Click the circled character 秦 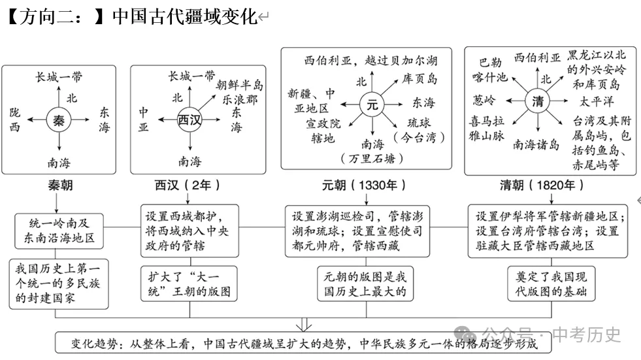(59, 120)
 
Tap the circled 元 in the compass (372, 103)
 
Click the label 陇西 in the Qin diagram (15, 120)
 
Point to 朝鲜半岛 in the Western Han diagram (240, 84)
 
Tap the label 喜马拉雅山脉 (487, 128)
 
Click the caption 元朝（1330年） (359, 185)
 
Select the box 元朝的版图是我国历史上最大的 (365, 284)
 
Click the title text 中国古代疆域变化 (185, 16)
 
